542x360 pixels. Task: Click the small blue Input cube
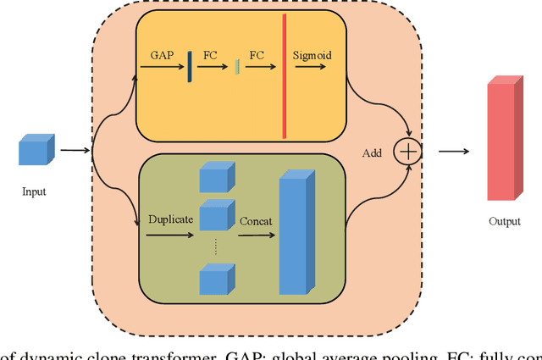pos(36,150)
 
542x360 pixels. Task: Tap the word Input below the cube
pos(34,191)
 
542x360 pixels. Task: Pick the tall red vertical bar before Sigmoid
pos(285,75)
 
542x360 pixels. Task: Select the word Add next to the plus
pos(372,153)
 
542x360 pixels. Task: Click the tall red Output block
pos(502,138)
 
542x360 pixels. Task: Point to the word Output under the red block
pos(504,221)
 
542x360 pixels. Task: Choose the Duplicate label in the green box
pos(170,219)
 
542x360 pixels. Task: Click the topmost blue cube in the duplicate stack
pos(214,177)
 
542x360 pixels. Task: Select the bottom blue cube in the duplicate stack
pos(214,280)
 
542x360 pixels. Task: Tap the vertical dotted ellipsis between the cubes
pos(215,246)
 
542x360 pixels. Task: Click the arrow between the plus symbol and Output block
pos(453,152)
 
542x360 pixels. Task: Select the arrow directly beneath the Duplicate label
pos(169,235)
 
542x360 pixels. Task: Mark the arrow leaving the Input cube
pos(75,152)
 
